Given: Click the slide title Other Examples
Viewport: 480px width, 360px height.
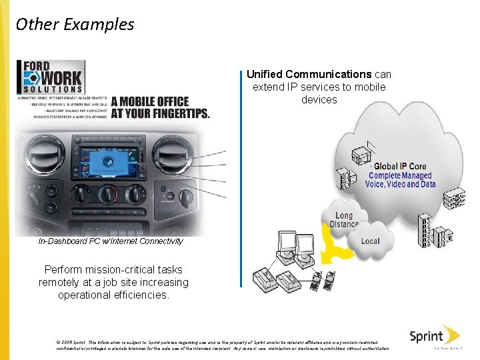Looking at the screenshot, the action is (x=75, y=25).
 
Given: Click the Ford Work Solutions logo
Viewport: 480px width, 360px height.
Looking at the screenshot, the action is (x=51, y=77).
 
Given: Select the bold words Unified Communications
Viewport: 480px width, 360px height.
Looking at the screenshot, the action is (x=309, y=75).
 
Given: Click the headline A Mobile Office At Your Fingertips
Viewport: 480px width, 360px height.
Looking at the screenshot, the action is (x=160, y=107).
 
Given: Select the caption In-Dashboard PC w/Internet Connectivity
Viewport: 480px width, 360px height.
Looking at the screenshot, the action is (x=111, y=241).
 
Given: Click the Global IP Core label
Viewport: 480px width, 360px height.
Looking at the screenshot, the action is (x=400, y=166).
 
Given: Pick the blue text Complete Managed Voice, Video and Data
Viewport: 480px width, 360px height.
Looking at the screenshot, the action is (x=400, y=180).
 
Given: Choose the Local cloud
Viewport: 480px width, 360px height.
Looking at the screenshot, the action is (x=371, y=241).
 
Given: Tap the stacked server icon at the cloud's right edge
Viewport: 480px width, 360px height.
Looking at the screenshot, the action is (x=455, y=197).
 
